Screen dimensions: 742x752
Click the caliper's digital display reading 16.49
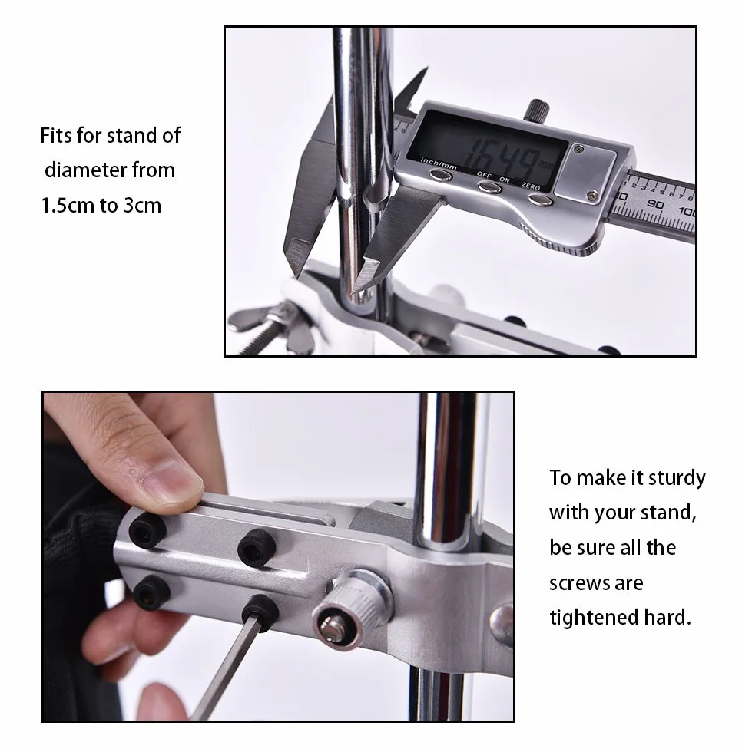point(486,145)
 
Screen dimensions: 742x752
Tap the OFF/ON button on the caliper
point(490,187)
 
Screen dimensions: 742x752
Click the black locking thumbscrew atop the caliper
point(537,110)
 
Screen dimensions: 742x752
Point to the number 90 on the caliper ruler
point(655,204)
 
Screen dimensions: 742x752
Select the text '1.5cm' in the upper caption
point(68,206)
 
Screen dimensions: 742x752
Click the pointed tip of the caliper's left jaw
point(293,272)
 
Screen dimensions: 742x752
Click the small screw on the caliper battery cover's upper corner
point(580,150)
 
